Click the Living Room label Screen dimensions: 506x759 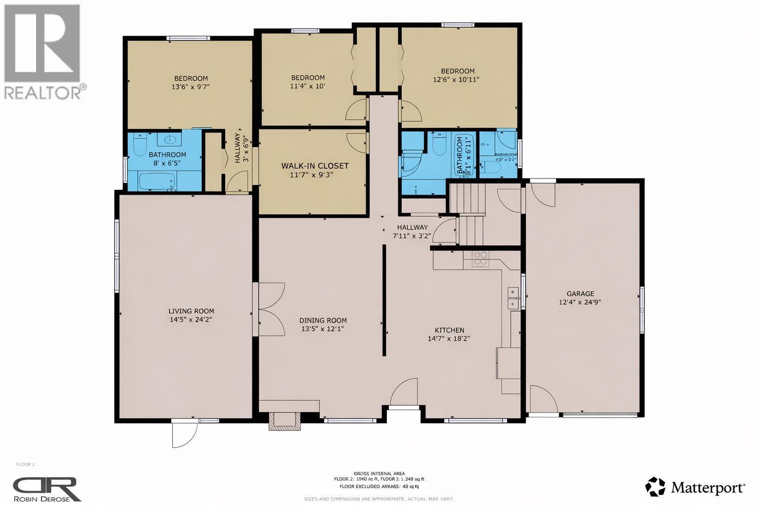[x=191, y=311]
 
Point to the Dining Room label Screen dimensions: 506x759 [x=324, y=320]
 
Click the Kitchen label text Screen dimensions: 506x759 [x=449, y=330]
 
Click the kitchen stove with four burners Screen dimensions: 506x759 [x=480, y=259]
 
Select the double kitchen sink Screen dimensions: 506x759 [x=513, y=297]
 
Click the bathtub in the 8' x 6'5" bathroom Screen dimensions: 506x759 [x=158, y=182]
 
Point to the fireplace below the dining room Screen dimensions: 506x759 [x=284, y=421]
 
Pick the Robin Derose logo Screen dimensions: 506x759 [x=46, y=489]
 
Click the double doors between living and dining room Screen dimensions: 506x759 [x=270, y=310]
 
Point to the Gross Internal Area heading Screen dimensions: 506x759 [x=379, y=473]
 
